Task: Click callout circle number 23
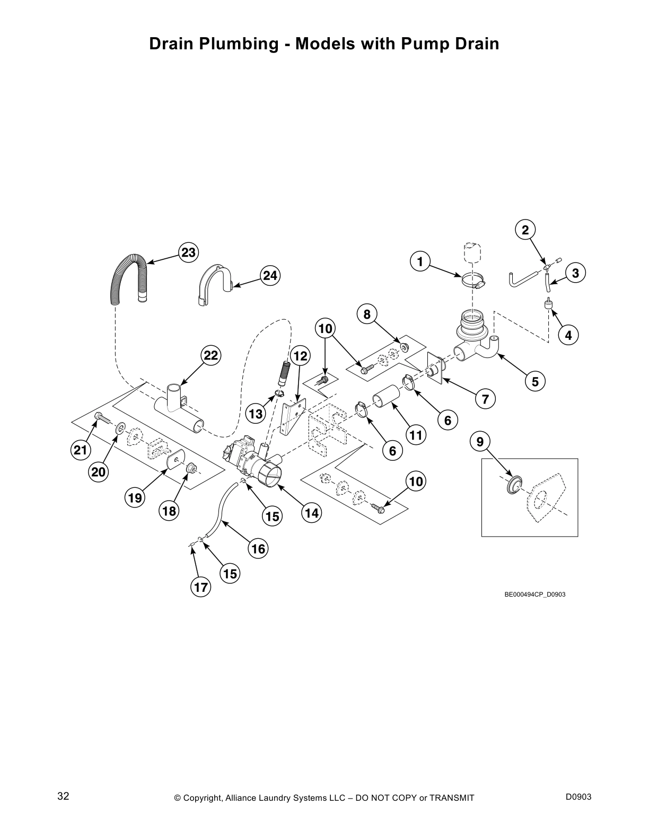point(188,253)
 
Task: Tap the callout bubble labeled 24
point(270,276)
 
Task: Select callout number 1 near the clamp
point(420,261)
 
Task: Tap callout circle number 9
point(480,441)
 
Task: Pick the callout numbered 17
point(201,587)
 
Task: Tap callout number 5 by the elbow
point(535,381)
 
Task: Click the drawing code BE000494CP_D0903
point(534,594)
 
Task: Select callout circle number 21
point(80,450)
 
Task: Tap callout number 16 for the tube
point(258,549)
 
